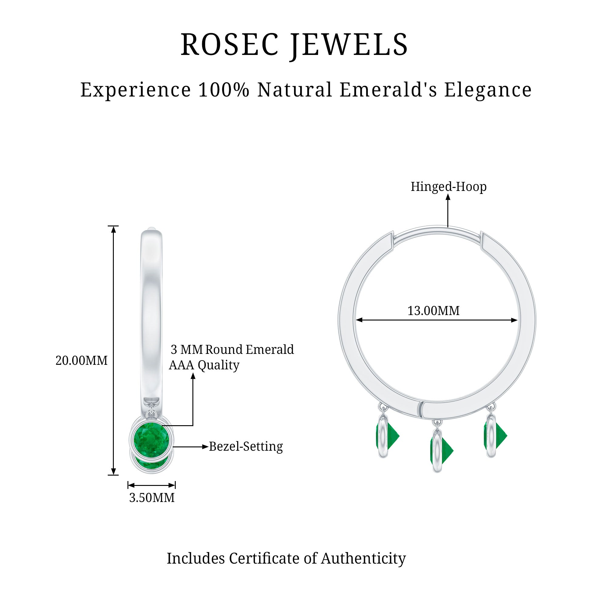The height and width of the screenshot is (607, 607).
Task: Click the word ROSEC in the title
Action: pos(230,45)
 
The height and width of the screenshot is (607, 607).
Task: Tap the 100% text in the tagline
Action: pos(224,90)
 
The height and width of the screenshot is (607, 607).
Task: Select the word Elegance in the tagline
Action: pos(488,90)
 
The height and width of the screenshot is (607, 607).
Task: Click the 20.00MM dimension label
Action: pos(81,360)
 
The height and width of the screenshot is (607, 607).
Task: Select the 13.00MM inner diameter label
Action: pos(433,311)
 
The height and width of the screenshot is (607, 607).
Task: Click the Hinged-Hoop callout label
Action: pos(448,187)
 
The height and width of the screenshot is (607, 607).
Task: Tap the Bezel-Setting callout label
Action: pos(246,446)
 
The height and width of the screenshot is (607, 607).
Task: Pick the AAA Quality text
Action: pos(204,365)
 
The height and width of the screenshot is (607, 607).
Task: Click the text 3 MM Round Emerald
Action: pos(232,349)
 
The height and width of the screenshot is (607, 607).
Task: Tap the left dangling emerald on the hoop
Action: pos(388,436)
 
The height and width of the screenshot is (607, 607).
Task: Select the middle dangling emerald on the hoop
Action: pos(443,452)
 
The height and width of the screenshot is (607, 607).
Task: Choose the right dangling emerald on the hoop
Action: pos(496,436)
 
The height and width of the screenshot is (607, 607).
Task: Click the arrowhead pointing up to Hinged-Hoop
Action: pos(448,197)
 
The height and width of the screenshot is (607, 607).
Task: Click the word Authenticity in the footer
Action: pos(363,559)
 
